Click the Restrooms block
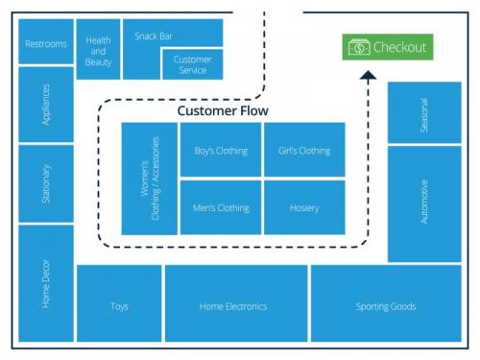coord(46,43)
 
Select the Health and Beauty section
coord(98,49)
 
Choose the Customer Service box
coord(193,64)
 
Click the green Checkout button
coord(388,47)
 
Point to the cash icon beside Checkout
coord(358,47)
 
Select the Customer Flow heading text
coord(223,111)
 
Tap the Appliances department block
coord(46,105)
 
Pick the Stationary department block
coord(46,183)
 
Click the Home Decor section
coord(46,283)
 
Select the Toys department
coord(119,305)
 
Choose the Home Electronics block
coord(233,305)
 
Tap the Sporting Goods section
coord(386,305)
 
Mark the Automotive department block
coord(424,203)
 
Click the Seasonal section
coord(424,113)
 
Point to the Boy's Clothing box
coord(221,151)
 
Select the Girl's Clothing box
coord(304,151)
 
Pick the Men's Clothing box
coord(221,207)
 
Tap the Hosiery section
coord(304,207)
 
